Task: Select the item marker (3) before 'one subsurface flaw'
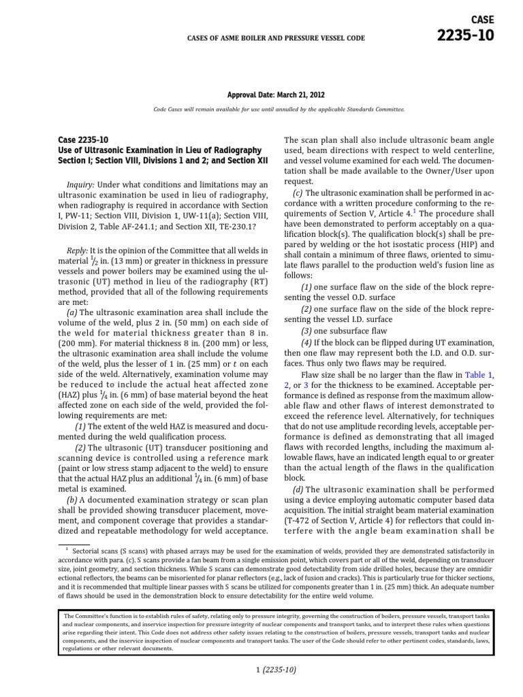[308, 331]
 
